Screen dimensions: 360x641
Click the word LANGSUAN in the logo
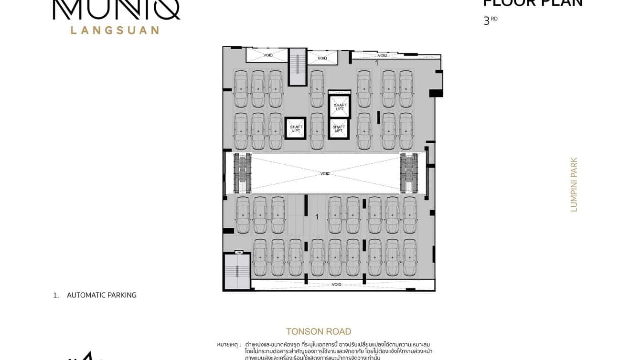(x=115, y=30)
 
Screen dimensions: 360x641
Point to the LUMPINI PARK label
(x=574, y=185)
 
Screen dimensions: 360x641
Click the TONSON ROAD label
(x=319, y=331)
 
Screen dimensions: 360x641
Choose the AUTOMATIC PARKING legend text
(x=101, y=295)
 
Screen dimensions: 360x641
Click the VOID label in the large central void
(x=325, y=173)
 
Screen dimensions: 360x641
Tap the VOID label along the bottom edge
(x=337, y=285)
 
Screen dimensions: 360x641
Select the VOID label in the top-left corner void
(x=268, y=55)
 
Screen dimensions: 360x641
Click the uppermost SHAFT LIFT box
(x=340, y=107)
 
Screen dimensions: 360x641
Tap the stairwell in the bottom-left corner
(x=237, y=271)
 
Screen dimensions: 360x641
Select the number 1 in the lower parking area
(x=317, y=217)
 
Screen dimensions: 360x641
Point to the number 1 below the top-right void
(x=376, y=63)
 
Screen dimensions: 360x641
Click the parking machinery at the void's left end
(x=242, y=173)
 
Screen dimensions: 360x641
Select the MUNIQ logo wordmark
(x=116, y=10)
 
